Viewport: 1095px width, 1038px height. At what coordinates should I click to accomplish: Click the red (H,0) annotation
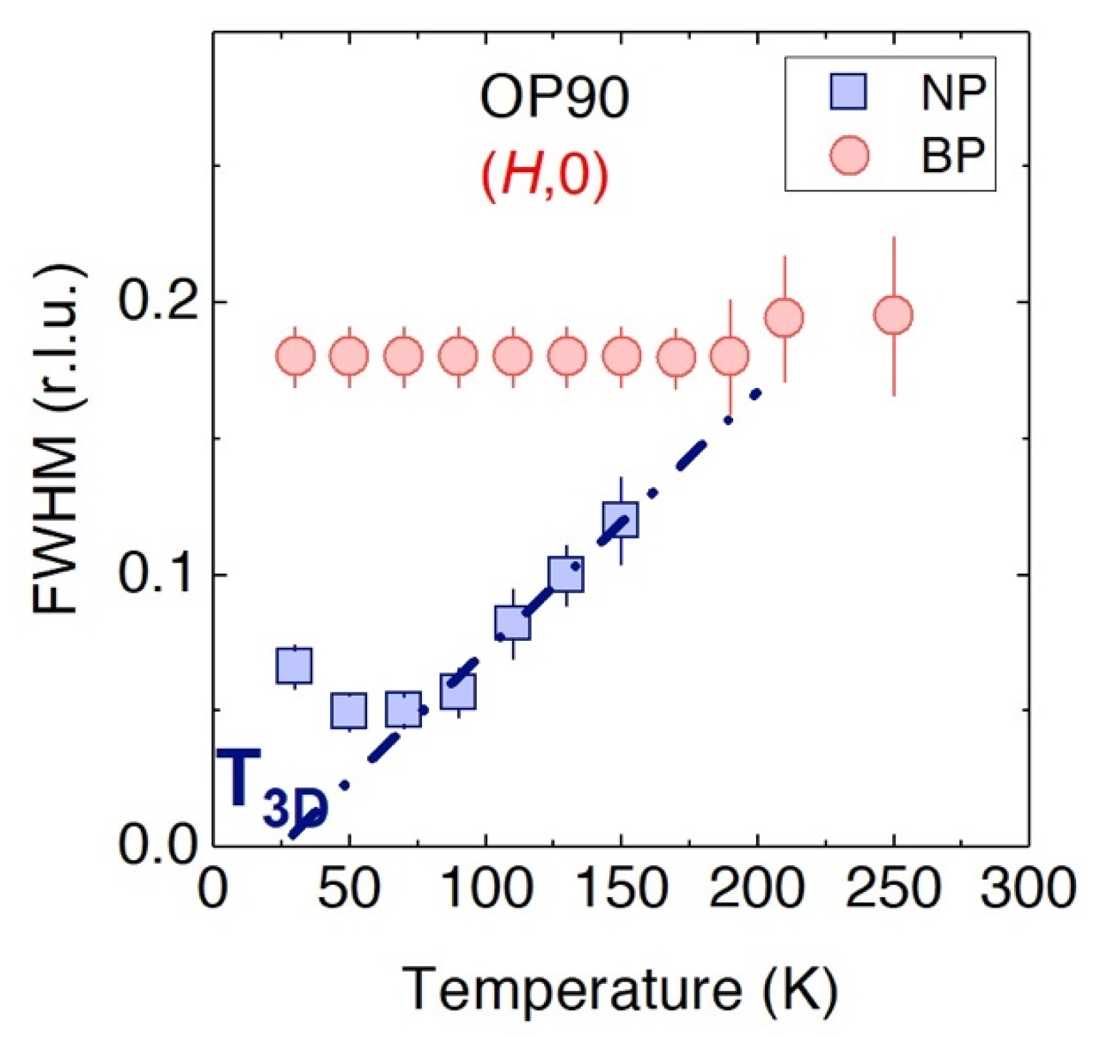545,177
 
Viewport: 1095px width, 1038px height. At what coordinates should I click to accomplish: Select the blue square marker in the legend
848,92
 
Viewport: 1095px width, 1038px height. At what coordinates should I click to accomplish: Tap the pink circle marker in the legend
848,156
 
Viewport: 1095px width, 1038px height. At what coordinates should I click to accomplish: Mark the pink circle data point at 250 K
893,315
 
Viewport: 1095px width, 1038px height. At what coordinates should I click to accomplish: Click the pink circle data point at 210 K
784,318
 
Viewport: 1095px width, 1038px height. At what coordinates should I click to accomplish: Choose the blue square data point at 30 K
294,666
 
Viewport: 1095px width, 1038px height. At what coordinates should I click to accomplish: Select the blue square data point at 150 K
620,520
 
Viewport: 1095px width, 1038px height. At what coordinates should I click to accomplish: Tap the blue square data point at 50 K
349,711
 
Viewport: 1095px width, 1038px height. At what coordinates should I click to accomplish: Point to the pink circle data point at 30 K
295,356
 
